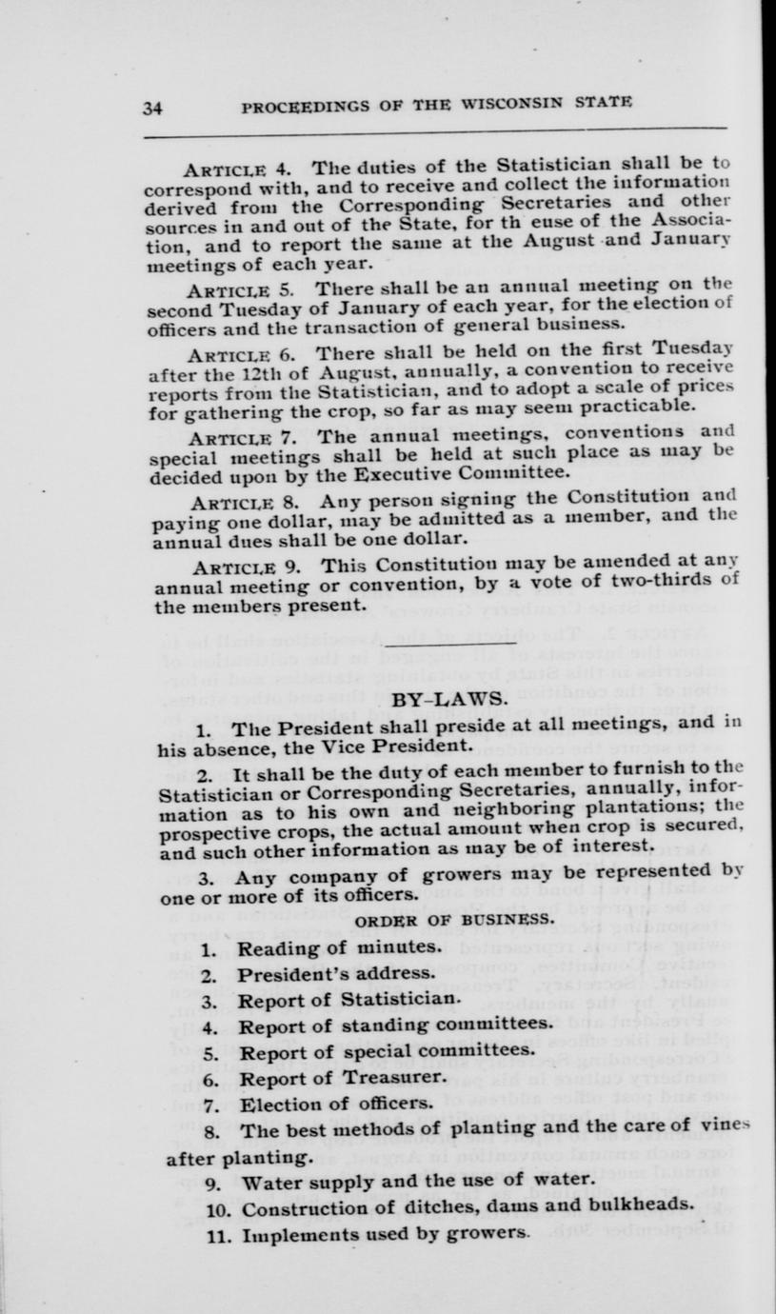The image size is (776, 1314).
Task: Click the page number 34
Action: [x=152, y=108]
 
